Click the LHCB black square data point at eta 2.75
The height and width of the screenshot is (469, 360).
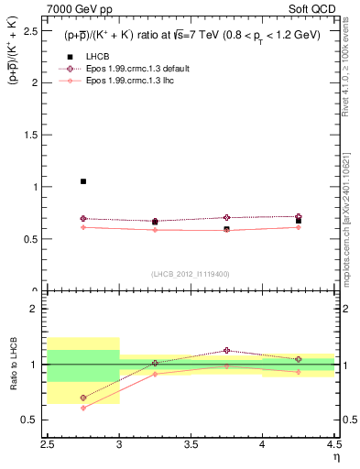point(83,181)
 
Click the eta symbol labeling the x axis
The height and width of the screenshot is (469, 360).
point(336,458)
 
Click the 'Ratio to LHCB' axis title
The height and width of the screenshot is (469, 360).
point(13,365)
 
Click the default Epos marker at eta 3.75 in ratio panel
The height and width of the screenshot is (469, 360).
point(226,351)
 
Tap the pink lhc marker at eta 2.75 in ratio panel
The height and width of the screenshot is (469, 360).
point(83,408)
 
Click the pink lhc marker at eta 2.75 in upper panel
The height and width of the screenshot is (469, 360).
point(83,226)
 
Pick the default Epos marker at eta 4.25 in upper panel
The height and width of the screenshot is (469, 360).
point(298,216)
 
